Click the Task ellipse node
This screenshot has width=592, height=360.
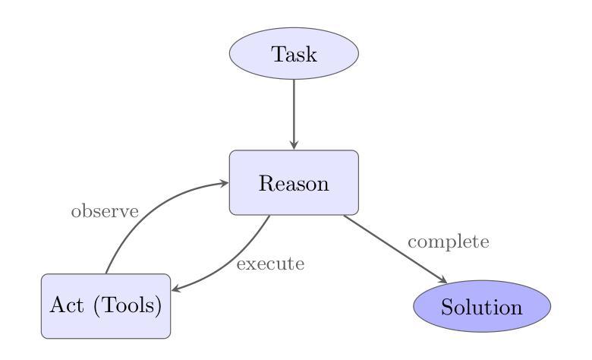(294, 53)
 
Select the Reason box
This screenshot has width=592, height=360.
(294, 183)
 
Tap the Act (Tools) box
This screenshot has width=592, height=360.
(105, 306)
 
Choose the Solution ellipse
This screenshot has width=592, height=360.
(482, 306)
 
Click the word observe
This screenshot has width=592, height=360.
(105, 211)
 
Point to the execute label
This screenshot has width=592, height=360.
(270, 264)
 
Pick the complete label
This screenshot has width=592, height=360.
(448, 242)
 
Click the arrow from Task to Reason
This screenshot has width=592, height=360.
(294, 115)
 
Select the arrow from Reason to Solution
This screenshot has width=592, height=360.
(395, 249)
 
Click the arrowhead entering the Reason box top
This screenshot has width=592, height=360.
(294, 144)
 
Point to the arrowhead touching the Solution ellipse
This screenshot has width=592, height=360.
(442, 279)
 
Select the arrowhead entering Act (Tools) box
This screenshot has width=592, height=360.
(176, 289)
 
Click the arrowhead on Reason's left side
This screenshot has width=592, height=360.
(224, 183)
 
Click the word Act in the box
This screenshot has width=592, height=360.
(67, 305)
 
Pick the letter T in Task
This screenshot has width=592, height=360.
(278, 54)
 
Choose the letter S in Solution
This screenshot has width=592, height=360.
(446, 307)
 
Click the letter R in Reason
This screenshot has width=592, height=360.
(266, 183)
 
